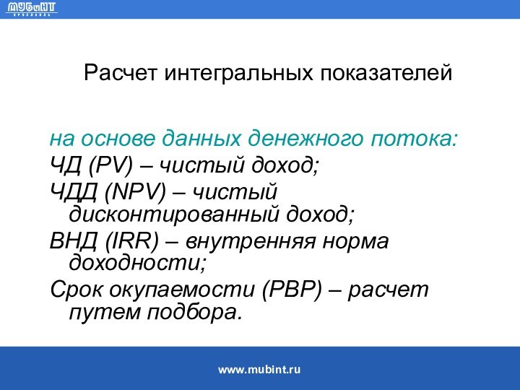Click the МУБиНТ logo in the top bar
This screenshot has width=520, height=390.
click(x=32, y=9)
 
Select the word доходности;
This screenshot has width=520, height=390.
click(x=137, y=264)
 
